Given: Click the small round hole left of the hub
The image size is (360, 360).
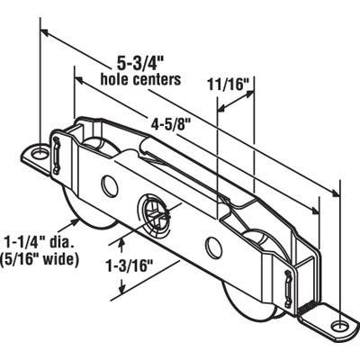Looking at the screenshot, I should coord(110,186).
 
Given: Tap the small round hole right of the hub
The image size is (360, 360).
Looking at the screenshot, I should coord(212,246).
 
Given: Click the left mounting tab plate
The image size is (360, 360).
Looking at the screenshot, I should coord(38,158).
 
